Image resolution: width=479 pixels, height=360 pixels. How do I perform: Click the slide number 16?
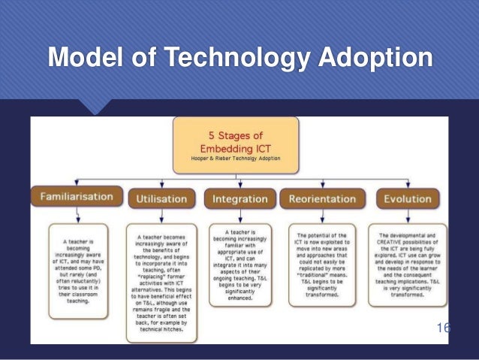(x=443, y=328)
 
